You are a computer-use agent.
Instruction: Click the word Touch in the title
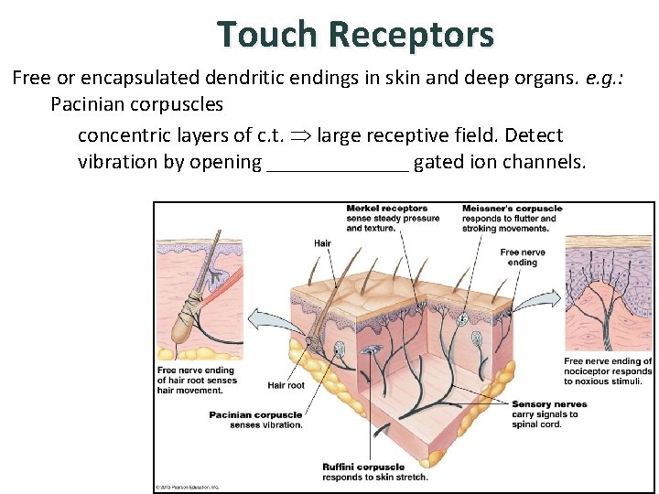point(267,35)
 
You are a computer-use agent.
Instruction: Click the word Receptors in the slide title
point(411,35)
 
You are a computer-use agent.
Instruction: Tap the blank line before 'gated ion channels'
point(337,164)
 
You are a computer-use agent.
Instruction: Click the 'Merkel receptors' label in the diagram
point(386,209)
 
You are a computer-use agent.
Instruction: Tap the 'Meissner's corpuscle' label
point(512,209)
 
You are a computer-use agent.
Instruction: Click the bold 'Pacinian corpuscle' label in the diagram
point(255,414)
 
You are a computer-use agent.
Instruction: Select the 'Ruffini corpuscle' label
point(363,467)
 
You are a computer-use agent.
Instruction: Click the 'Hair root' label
point(286,385)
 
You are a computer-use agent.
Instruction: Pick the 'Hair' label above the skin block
point(322,243)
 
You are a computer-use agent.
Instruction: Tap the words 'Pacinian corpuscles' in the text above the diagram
point(136,104)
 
